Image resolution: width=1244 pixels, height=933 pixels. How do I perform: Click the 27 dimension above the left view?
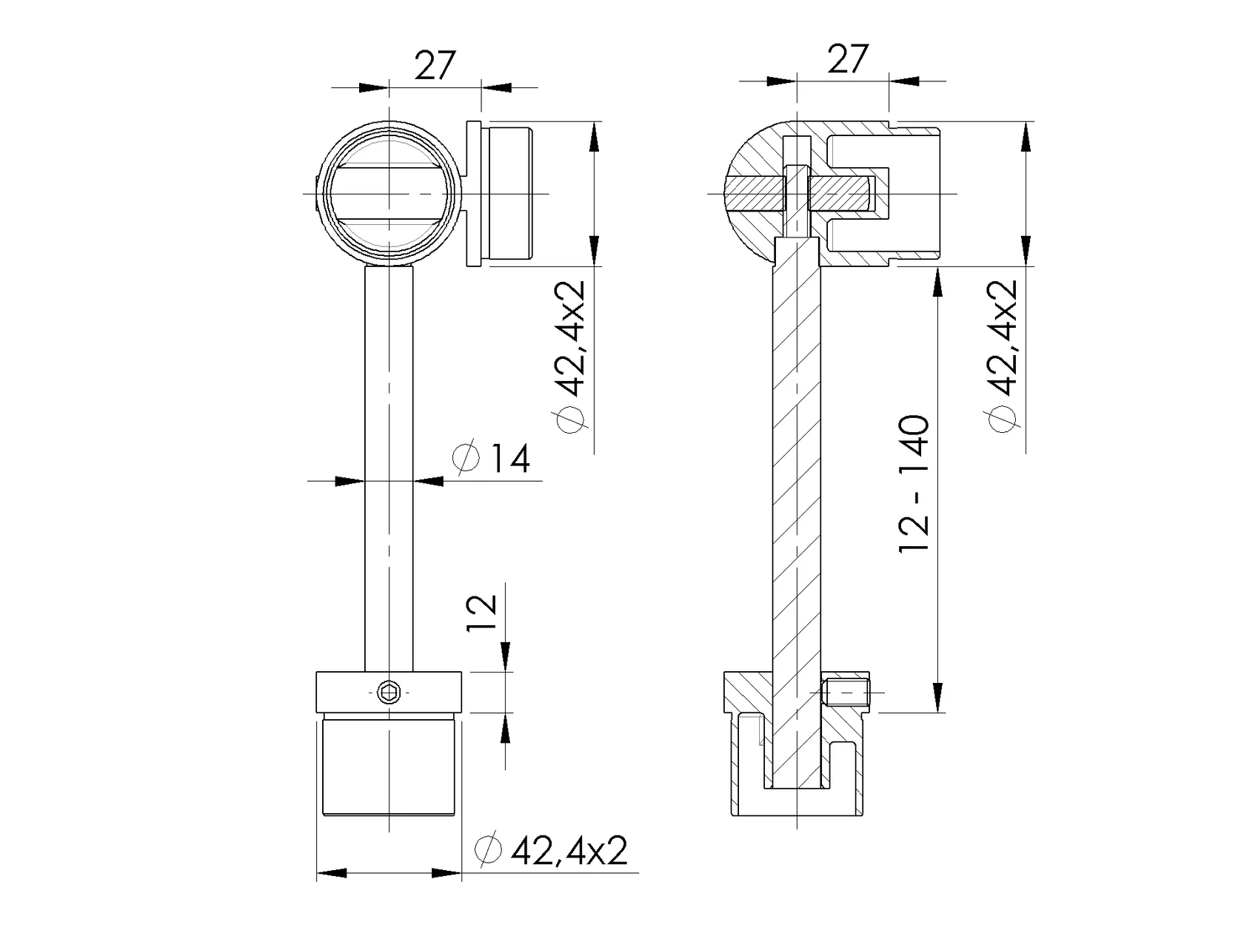pyautogui.click(x=435, y=65)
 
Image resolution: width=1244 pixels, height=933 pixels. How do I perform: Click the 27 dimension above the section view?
pyautogui.click(x=847, y=58)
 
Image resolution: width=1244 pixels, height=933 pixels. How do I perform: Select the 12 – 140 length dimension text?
pyautogui.click(x=914, y=483)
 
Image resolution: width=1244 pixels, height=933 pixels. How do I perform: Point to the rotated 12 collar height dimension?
pyautogui.click(x=481, y=613)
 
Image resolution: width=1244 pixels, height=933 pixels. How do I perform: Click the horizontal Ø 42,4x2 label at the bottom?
pyautogui.click(x=552, y=851)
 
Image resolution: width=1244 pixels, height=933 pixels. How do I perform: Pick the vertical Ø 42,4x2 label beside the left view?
pyautogui.click(x=569, y=357)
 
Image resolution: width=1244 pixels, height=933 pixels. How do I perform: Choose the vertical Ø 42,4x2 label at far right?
pyautogui.click(x=1003, y=357)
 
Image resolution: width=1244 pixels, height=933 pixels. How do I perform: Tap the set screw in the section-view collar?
pyautogui.click(x=846, y=692)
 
